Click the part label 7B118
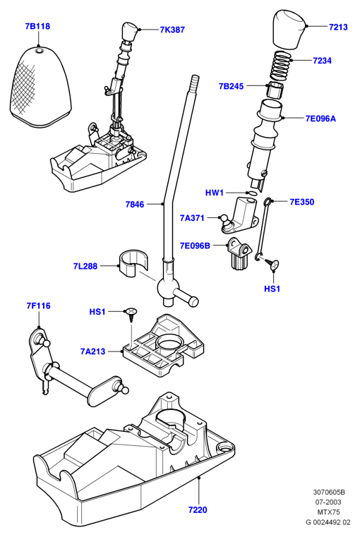click(37, 26)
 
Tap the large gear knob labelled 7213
click(289, 28)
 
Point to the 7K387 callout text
click(172, 30)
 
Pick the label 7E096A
click(320, 119)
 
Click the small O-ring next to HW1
click(252, 193)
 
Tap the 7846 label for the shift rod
click(135, 205)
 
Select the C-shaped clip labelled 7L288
click(134, 263)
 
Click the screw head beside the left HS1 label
click(131, 311)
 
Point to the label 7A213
click(93, 351)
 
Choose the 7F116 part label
click(38, 306)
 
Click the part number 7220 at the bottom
click(198, 510)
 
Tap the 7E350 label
click(302, 202)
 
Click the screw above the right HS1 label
click(273, 264)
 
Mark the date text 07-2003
click(328, 502)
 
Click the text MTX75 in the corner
click(328, 512)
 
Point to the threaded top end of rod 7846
click(195, 82)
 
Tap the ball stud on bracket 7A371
click(224, 219)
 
